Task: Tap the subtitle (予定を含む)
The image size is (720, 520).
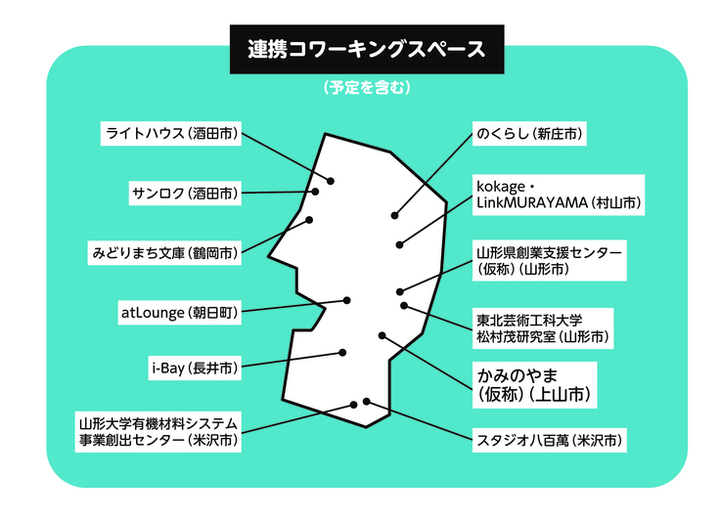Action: pos(359,88)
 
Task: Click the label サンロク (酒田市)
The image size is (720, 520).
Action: pos(183,193)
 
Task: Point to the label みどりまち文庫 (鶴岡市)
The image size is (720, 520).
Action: pos(163,252)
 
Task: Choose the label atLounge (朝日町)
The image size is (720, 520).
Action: pos(179,313)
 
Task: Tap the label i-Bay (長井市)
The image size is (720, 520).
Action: pos(193,368)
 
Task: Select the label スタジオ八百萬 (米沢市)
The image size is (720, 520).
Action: pos(546,440)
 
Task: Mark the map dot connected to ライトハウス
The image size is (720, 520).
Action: pos(331,181)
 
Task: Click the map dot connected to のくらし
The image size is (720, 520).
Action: pos(395,214)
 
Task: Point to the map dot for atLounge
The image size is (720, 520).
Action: pos(345,300)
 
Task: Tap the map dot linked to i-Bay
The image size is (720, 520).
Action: pos(342,352)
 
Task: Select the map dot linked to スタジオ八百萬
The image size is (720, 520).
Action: pos(366,401)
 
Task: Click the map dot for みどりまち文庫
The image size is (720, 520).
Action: pos(310,219)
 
